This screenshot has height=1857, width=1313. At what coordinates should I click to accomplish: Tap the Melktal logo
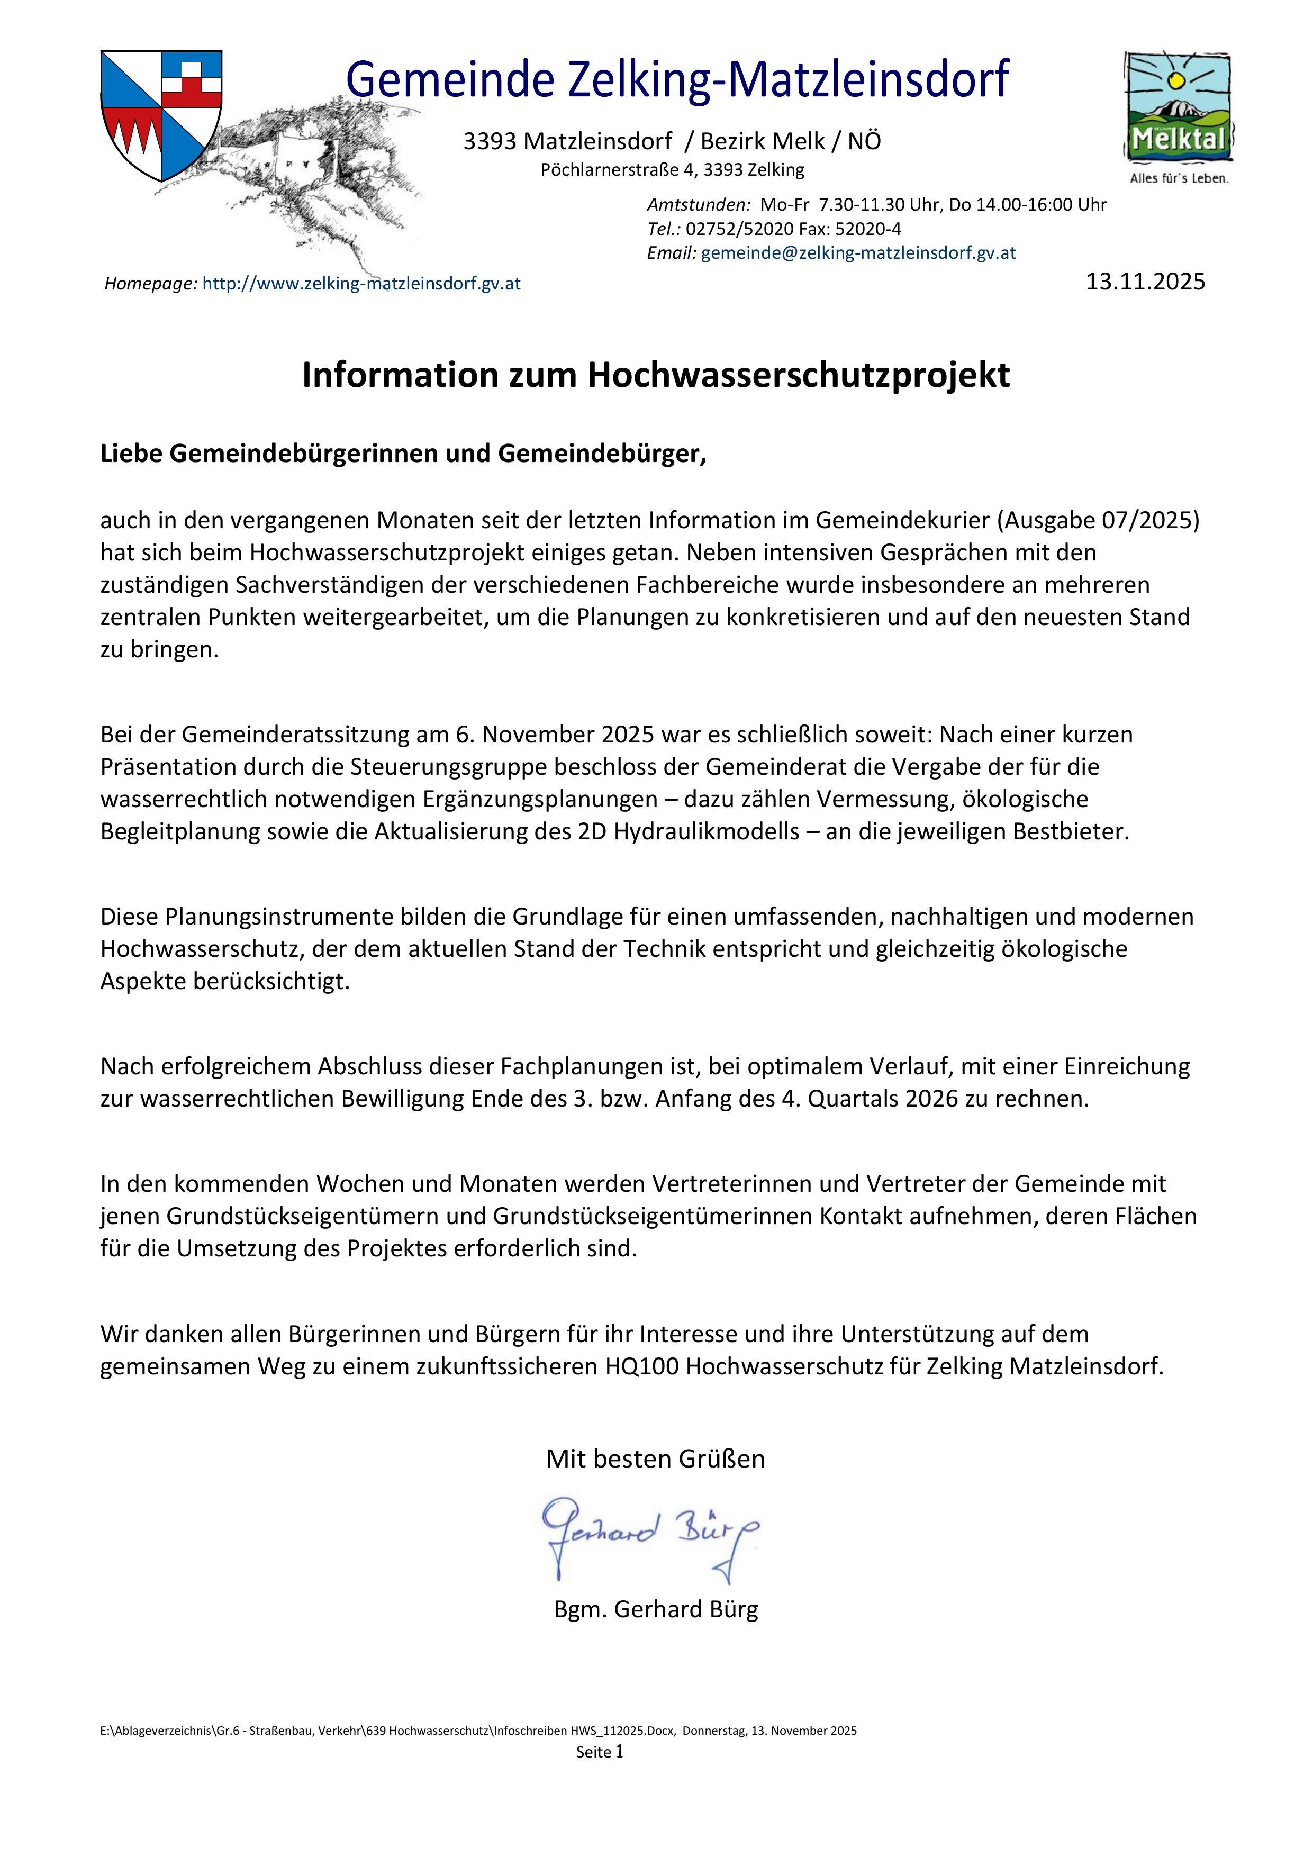(1179, 108)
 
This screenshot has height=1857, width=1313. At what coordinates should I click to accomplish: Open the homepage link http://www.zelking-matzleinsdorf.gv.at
(361, 284)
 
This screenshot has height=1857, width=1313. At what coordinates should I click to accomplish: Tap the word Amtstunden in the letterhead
(698, 205)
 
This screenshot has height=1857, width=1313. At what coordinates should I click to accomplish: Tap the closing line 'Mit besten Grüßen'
(655, 1459)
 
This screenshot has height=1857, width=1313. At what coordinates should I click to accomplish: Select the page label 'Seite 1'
(600, 1753)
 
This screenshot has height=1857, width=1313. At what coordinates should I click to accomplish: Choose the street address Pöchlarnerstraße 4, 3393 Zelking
(672, 170)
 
